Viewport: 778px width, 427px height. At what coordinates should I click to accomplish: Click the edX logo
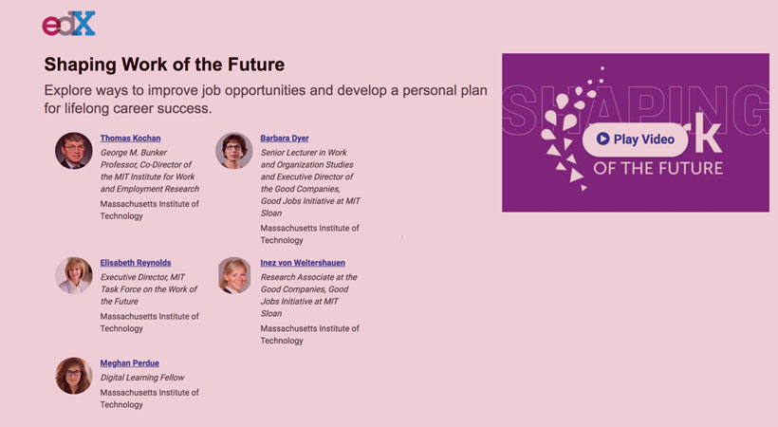tap(68, 24)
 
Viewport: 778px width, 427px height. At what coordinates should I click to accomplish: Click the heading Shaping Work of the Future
tap(164, 65)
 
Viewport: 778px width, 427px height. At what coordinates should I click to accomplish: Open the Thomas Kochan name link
tap(130, 139)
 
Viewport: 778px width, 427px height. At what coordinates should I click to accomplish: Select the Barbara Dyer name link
tap(285, 139)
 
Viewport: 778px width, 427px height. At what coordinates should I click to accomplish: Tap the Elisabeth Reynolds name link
tap(136, 263)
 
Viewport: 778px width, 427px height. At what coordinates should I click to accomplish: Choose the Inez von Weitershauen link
tap(303, 263)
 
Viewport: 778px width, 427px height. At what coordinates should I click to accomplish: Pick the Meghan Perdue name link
tap(130, 363)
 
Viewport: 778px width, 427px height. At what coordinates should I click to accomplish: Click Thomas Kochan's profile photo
tap(74, 151)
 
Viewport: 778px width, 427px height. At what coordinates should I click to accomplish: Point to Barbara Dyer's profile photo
tap(233, 151)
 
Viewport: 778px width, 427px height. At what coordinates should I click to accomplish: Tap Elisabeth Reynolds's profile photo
tap(74, 275)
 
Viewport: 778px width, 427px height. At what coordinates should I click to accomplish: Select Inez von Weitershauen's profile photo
tap(233, 275)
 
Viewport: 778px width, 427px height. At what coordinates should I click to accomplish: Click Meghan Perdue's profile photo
tap(74, 376)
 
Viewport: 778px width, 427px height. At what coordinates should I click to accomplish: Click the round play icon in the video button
tap(602, 139)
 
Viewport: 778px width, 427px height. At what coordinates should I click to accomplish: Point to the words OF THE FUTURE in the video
tap(658, 168)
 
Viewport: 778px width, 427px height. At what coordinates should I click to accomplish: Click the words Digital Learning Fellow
tap(142, 378)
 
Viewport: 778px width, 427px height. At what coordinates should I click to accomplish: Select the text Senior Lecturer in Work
tap(304, 153)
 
